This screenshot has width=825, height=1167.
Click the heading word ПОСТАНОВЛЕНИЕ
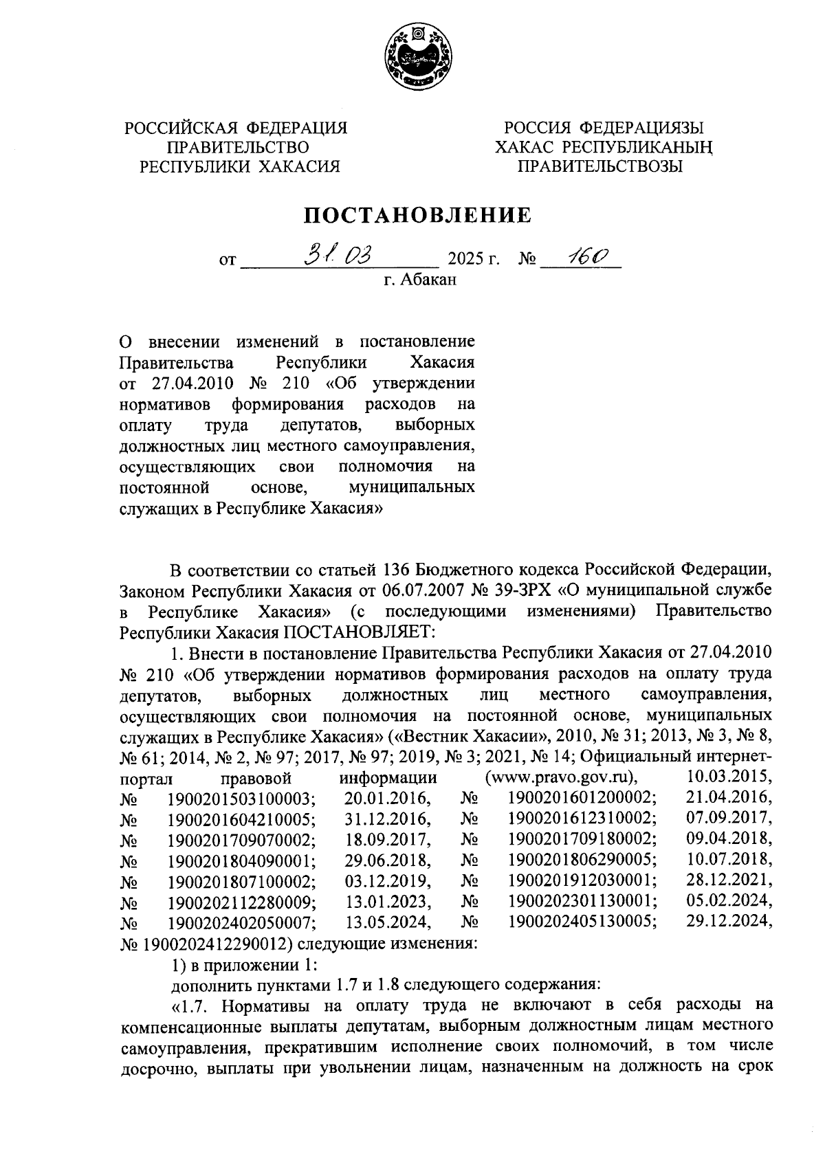pos(419,216)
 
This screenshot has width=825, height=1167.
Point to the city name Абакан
pos(428,280)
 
